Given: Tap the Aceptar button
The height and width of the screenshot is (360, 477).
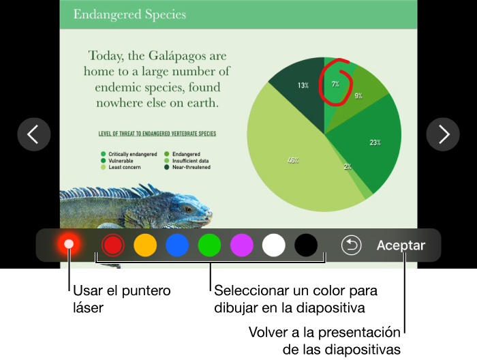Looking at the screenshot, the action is (401, 245).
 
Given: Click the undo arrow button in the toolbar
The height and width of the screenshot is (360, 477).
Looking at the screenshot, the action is (352, 245).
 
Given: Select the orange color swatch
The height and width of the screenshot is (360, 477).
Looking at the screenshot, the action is (145, 245).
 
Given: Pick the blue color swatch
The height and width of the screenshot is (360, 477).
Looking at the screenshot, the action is (177, 245).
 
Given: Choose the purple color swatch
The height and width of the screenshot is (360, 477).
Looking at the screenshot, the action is (241, 245).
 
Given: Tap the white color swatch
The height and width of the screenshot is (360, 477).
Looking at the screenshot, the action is (274, 245).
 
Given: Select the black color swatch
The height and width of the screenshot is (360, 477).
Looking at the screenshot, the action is (306, 245).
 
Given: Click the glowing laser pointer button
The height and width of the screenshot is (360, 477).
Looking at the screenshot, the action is (69, 244).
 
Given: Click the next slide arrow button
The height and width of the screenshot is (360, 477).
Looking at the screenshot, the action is (443, 134).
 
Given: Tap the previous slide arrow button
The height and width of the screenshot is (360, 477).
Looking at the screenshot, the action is (34, 134).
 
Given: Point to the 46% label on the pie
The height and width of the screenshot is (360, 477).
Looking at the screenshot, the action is (293, 160).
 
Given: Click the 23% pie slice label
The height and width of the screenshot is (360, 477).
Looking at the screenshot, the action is (375, 142).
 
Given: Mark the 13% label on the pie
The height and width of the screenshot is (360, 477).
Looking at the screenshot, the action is (303, 85).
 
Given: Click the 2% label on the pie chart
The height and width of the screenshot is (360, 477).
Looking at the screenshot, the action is (348, 166).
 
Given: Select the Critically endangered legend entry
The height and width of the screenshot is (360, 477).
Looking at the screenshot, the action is (129, 154).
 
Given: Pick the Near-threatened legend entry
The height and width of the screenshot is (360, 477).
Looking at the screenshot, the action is (187, 167).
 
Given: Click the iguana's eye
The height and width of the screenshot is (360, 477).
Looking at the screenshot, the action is (188, 209).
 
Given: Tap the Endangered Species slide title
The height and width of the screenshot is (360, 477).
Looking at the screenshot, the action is (129, 14).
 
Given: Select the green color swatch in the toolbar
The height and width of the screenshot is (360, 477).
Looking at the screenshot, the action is (209, 245).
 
